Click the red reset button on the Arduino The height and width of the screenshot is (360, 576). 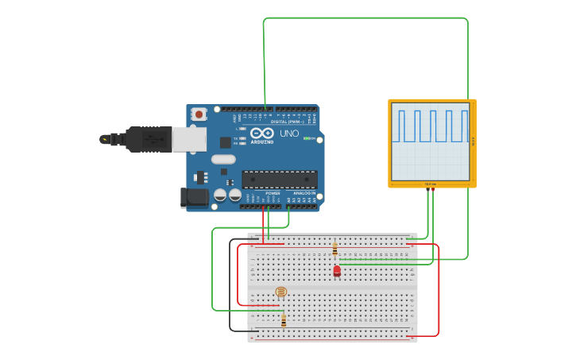199,114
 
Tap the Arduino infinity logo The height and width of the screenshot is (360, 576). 262,134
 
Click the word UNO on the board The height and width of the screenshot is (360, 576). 289,134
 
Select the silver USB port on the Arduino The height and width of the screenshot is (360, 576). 189,139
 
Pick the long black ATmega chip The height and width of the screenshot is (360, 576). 280,179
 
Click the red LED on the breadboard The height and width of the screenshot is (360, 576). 337,271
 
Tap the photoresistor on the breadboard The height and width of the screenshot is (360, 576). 280,292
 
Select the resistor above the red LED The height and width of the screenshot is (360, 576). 334,250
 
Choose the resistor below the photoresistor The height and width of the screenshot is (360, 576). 284,320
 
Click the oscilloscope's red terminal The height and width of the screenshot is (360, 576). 434,189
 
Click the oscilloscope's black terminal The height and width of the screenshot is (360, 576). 428,189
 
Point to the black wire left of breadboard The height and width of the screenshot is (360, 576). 230,286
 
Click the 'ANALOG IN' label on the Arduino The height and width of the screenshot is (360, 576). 303,193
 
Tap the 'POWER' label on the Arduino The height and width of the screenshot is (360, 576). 273,193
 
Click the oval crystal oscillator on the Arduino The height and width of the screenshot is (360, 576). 223,159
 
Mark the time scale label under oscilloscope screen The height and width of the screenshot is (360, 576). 431,184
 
